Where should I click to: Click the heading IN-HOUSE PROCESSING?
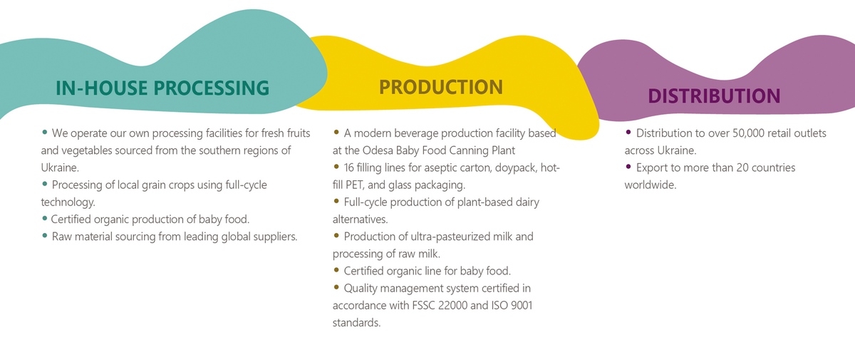pyautogui.click(x=162, y=88)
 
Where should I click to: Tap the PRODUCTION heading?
pyautogui.click(x=441, y=87)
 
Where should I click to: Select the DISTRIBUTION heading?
pyautogui.click(x=714, y=96)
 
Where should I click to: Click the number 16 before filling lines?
pyautogui.click(x=349, y=168)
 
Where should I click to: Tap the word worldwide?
pyautogui.click(x=651, y=185)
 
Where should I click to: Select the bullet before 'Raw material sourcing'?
pyautogui.click(x=45, y=235)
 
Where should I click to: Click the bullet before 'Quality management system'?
pyautogui.click(x=336, y=287)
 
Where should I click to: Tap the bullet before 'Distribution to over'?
pyautogui.click(x=628, y=132)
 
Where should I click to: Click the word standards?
pyautogui.click(x=356, y=323)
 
